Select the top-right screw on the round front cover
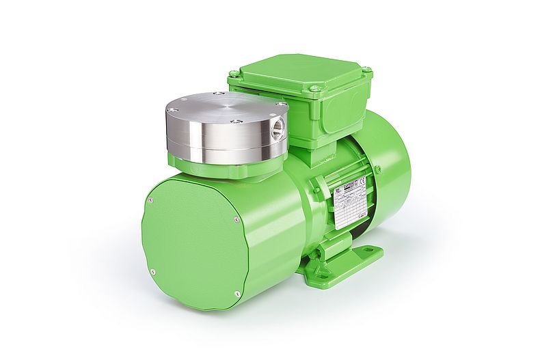[237, 219]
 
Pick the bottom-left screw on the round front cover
[152, 272]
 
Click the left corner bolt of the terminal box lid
[234, 72]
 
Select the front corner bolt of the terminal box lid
[314, 88]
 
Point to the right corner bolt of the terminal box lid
[366, 70]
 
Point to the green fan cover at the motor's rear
[393, 164]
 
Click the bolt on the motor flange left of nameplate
[317, 189]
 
